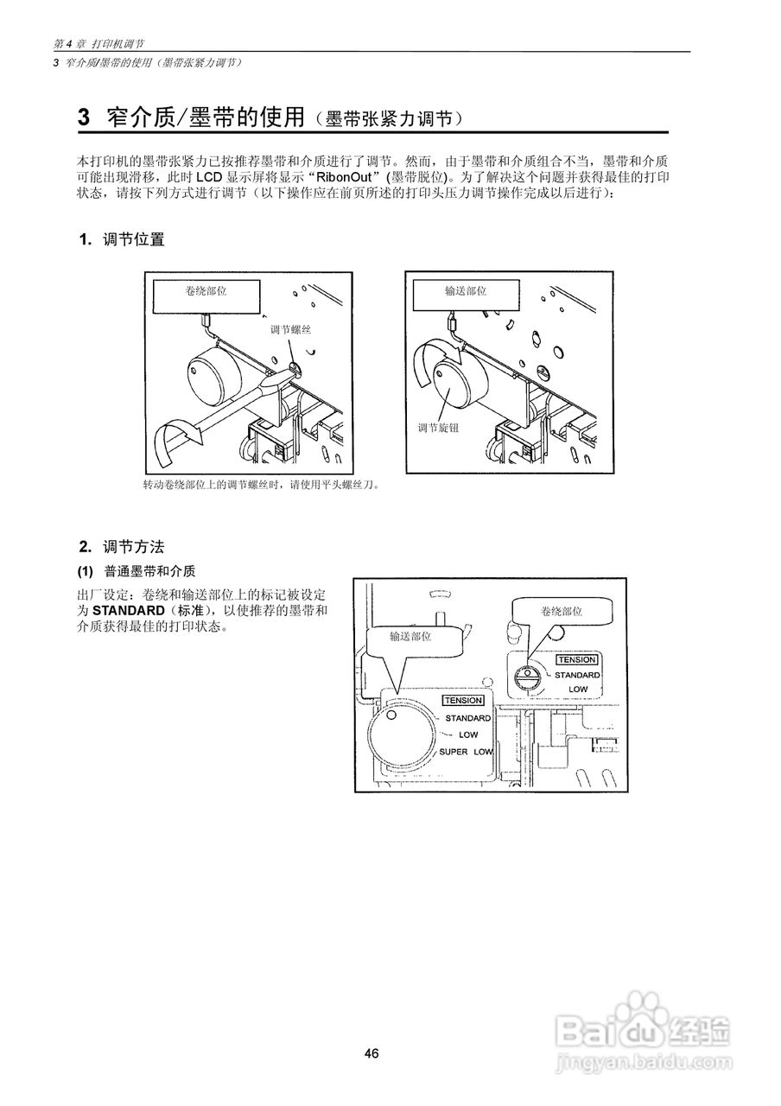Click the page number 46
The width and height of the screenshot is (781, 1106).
(371, 1053)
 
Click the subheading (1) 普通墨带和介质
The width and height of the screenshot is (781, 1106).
(137, 571)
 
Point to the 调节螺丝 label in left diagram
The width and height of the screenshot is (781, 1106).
(290, 330)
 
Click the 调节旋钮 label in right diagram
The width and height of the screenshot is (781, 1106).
(439, 427)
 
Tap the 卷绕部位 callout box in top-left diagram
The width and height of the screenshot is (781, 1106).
(206, 292)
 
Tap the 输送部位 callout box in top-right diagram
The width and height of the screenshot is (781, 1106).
(466, 292)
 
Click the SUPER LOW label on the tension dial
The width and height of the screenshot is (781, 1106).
(466, 752)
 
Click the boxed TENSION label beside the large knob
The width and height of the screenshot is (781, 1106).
(462, 701)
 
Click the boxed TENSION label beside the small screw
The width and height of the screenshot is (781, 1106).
(576, 659)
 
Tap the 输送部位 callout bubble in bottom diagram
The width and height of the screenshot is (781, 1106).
(410, 637)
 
